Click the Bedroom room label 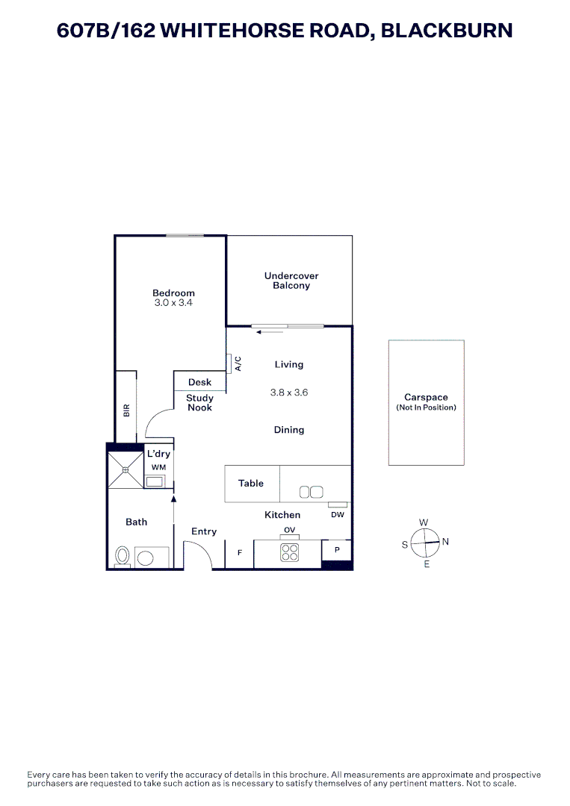coord(173,293)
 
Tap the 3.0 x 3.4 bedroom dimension coord(173,304)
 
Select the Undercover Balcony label coord(291,281)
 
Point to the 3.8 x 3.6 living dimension coord(289,392)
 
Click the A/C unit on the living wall coord(229,363)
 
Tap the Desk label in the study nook coord(199,382)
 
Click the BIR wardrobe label coord(126,410)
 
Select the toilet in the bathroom coord(123,556)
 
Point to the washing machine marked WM coord(155,481)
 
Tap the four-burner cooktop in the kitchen coord(289,553)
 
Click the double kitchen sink coord(311,492)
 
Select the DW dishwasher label coord(337,514)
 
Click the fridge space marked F coord(240,553)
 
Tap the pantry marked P coord(337,549)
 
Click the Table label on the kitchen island coord(251,484)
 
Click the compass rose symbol coord(426,543)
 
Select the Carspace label coord(426,398)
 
